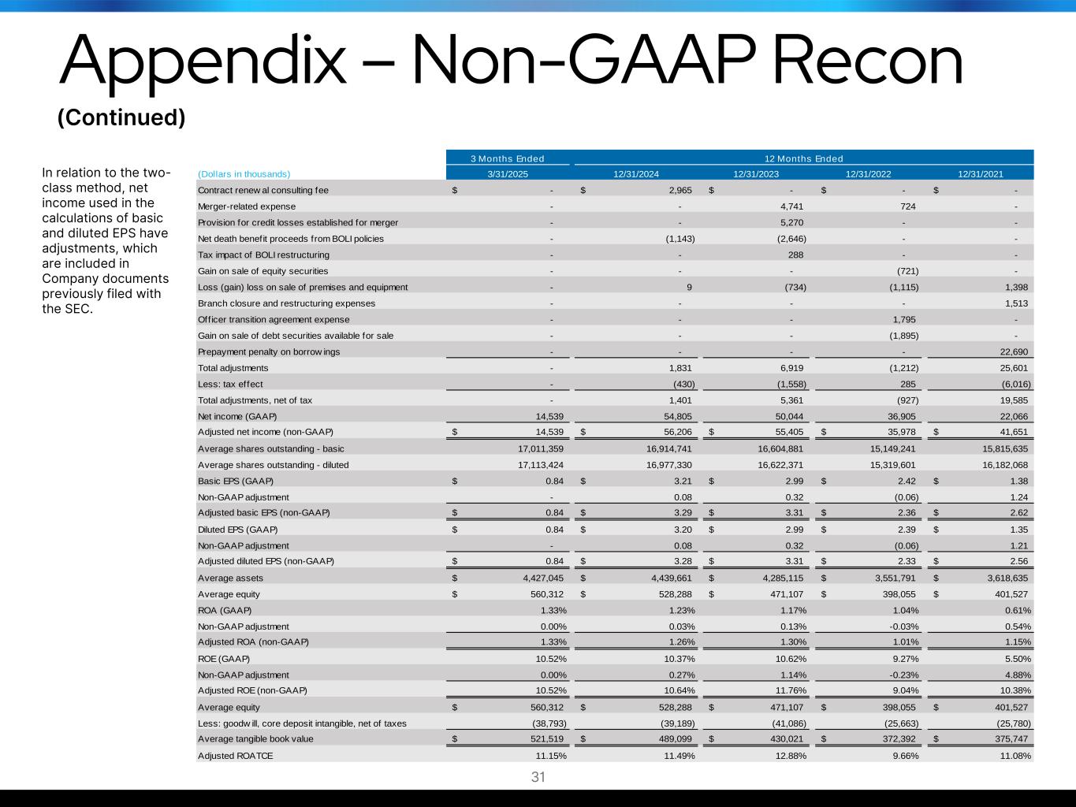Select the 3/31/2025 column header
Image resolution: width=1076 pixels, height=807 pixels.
tap(508, 174)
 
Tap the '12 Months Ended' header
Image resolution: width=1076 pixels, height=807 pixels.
tap(803, 158)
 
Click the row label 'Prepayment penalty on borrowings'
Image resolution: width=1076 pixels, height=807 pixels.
tap(269, 351)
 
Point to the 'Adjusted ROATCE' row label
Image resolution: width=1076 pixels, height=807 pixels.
tap(236, 755)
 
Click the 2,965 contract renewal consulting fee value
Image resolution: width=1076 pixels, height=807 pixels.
tap(680, 190)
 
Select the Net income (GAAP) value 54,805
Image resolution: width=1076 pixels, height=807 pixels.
tap(676, 416)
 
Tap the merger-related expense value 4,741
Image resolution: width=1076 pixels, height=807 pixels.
tap(791, 206)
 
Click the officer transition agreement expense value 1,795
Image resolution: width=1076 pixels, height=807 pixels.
tap(903, 319)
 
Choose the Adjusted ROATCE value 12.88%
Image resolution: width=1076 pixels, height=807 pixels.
tap(789, 755)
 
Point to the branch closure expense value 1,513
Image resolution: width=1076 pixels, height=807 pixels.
tap(1015, 303)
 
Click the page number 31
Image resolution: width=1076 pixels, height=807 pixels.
tap(538, 777)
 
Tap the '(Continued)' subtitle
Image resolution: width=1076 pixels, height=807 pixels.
tap(121, 117)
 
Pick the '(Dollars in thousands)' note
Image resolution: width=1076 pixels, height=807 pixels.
tap(244, 174)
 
